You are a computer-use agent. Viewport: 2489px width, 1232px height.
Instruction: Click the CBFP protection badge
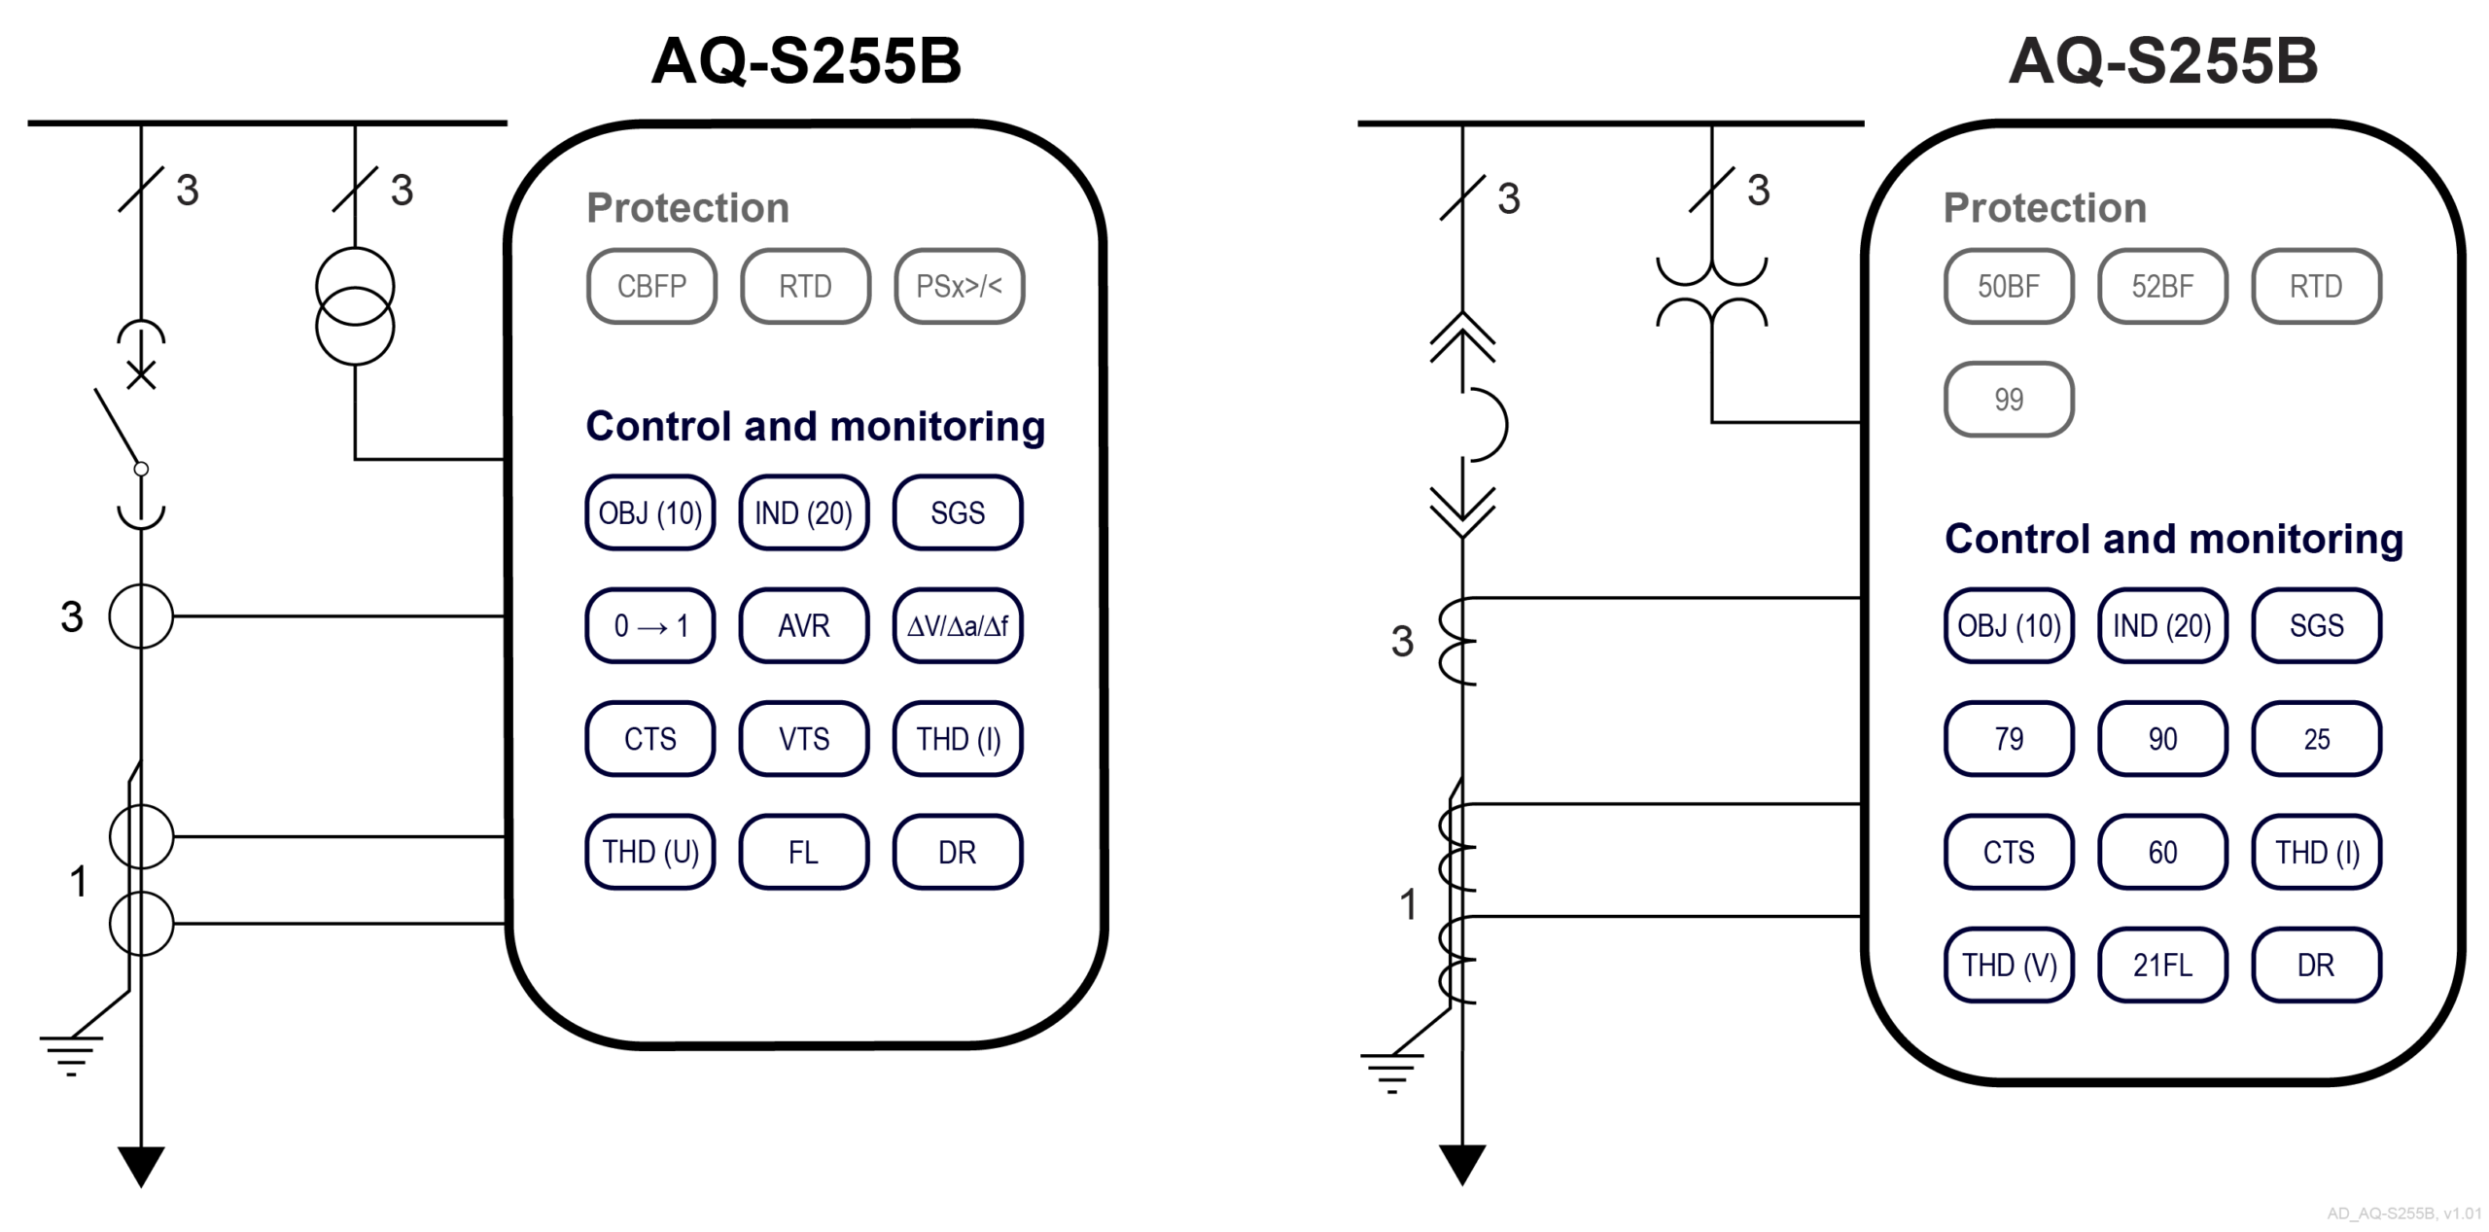pyautogui.click(x=651, y=286)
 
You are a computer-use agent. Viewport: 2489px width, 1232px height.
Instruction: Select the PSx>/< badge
pyautogui.click(x=959, y=286)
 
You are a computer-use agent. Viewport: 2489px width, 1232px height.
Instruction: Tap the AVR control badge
pyautogui.click(x=804, y=625)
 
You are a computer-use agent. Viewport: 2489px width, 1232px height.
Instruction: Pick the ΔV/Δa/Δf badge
pyautogui.click(x=958, y=625)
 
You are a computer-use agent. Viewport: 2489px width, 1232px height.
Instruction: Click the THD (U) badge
pyautogui.click(x=650, y=852)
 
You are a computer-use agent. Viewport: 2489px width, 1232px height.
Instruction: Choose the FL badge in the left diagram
pyautogui.click(x=804, y=852)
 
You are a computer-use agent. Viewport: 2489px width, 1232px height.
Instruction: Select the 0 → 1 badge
pyautogui.click(x=650, y=625)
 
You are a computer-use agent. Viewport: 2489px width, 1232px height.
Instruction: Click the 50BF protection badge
pyautogui.click(x=2009, y=286)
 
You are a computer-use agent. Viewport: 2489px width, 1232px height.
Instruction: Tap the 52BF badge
pyautogui.click(x=2162, y=286)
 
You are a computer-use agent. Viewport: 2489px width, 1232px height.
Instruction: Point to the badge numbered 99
pyautogui.click(x=2009, y=399)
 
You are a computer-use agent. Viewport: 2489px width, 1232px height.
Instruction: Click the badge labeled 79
pyautogui.click(x=2009, y=739)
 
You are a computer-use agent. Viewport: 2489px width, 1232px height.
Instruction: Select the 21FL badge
pyautogui.click(x=2162, y=965)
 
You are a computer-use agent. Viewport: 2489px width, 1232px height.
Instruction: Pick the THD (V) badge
pyautogui.click(x=2009, y=965)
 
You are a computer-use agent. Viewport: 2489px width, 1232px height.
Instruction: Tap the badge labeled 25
pyautogui.click(x=2316, y=739)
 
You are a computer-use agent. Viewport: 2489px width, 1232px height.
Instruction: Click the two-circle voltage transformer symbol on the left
pyautogui.click(x=355, y=306)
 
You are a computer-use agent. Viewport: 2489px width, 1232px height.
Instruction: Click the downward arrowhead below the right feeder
pyautogui.click(x=1462, y=1163)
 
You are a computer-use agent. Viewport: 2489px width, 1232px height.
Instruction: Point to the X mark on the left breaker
pyautogui.click(x=142, y=375)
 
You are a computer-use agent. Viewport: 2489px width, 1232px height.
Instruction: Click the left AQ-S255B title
pyautogui.click(x=806, y=60)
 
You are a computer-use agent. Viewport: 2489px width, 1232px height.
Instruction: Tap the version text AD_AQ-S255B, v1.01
pyautogui.click(x=2403, y=1214)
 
